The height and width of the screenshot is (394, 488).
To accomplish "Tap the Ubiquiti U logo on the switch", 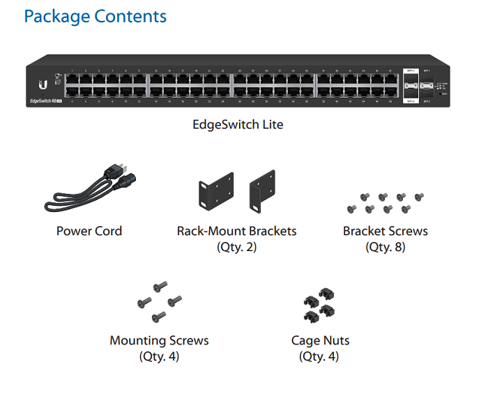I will point(43,84).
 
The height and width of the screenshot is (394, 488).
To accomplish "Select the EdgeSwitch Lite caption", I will point(238,126).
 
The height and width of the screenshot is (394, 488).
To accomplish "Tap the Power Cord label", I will point(89,231).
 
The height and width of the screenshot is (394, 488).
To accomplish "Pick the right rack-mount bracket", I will point(262,190).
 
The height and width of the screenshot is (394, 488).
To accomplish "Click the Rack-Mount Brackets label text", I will point(236,231).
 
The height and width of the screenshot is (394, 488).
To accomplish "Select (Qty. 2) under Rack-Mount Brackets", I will point(236,247).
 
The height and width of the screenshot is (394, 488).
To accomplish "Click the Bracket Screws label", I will point(385,231).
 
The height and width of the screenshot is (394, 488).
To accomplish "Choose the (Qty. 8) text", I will point(385,247).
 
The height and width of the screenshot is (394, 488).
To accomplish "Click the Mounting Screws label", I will point(159,341).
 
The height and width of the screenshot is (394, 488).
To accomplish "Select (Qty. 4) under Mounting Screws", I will point(159,357).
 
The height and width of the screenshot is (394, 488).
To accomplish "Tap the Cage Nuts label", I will point(320,341).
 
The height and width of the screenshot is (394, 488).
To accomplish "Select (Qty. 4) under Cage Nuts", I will point(320,357).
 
